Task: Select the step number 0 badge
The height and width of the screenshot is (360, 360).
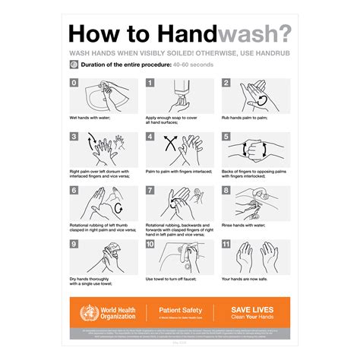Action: pos(74,83)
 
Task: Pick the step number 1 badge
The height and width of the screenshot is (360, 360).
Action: pos(150,83)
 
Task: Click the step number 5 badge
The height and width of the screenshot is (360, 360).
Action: pos(226,137)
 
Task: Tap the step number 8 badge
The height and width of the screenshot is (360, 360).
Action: pos(226,191)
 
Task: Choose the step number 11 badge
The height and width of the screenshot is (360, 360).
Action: pos(227,245)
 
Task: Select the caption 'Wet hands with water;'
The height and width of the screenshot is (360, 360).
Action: pos(90,118)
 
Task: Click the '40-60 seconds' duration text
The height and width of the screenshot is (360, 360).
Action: pos(194,65)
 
